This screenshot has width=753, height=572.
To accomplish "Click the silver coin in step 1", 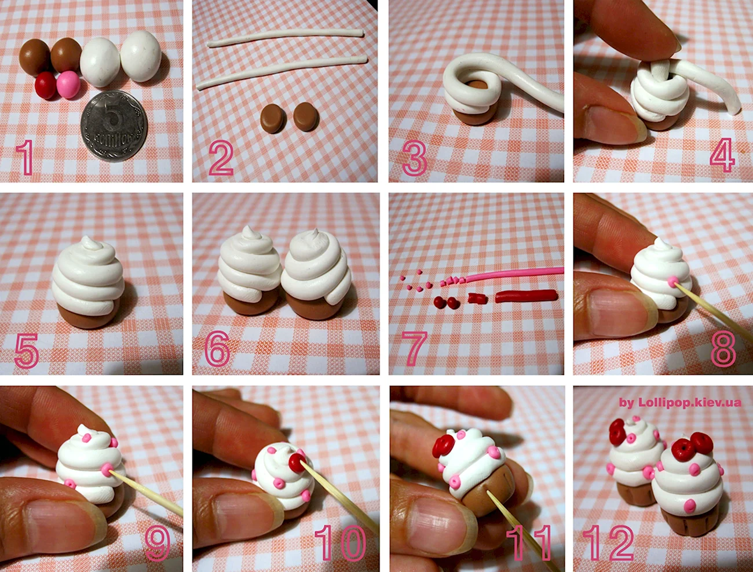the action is [x=114, y=126].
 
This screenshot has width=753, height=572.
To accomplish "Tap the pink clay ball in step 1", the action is [x=68, y=85].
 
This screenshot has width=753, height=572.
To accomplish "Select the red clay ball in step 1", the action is [x=46, y=85].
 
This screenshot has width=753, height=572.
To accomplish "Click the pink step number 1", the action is [x=26, y=157].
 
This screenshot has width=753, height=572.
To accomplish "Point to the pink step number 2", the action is [x=221, y=159].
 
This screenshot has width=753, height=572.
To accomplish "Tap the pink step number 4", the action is [x=722, y=155].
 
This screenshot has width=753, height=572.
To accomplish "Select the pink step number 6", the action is [x=217, y=349].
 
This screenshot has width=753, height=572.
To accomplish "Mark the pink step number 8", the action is [x=723, y=349].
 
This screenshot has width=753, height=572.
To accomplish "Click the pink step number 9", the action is [x=158, y=544].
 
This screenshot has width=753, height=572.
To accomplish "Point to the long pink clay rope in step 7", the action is [x=514, y=275].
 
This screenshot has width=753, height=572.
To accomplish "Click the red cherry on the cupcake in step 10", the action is [x=297, y=463].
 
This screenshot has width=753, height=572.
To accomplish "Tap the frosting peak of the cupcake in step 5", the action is [x=90, y=243].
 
